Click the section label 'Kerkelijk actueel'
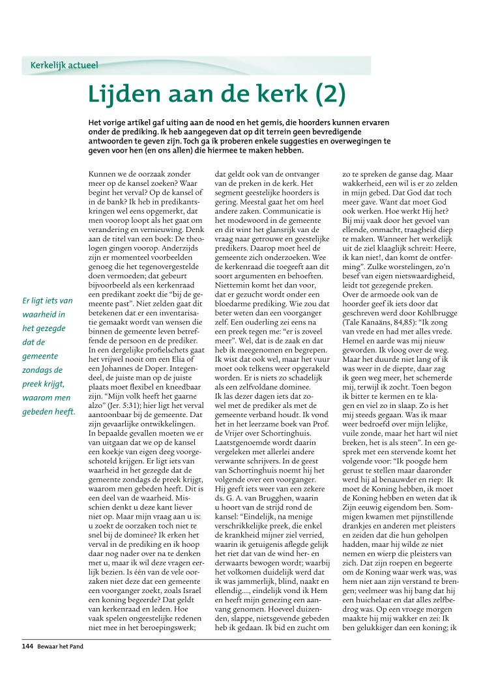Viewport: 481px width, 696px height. (64, 65)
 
